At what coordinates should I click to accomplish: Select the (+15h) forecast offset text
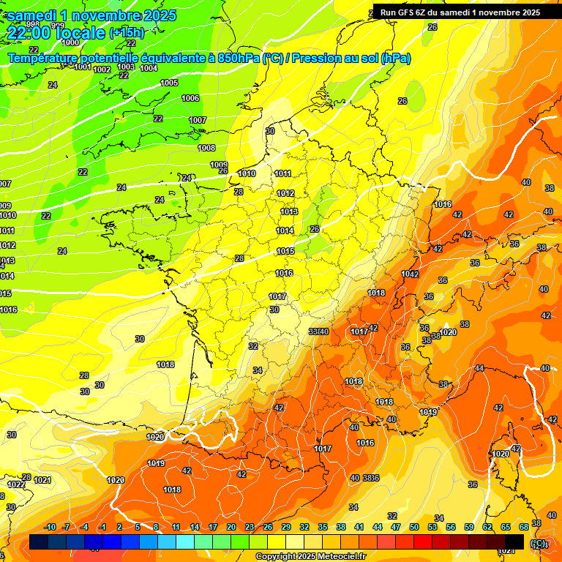click(127, 33)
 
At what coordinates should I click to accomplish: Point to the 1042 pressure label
click(410, 274)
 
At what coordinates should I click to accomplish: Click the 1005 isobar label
click(169, 83)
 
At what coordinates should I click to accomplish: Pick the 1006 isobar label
click(190, 98)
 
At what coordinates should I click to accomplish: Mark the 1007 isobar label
click(198, 120)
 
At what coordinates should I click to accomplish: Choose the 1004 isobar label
click(149, 68)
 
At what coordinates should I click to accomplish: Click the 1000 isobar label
click(70, 42)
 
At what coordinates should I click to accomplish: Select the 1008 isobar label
click(206, 148)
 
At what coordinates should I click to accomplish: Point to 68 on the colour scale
click(524, 527)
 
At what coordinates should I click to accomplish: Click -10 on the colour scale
click(50, 527)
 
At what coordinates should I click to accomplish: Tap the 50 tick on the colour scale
click(414, 527)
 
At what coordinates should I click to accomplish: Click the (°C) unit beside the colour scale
click(538, 544)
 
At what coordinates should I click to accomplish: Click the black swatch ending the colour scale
click(514, 542)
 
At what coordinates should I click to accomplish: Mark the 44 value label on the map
click(479, 368)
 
